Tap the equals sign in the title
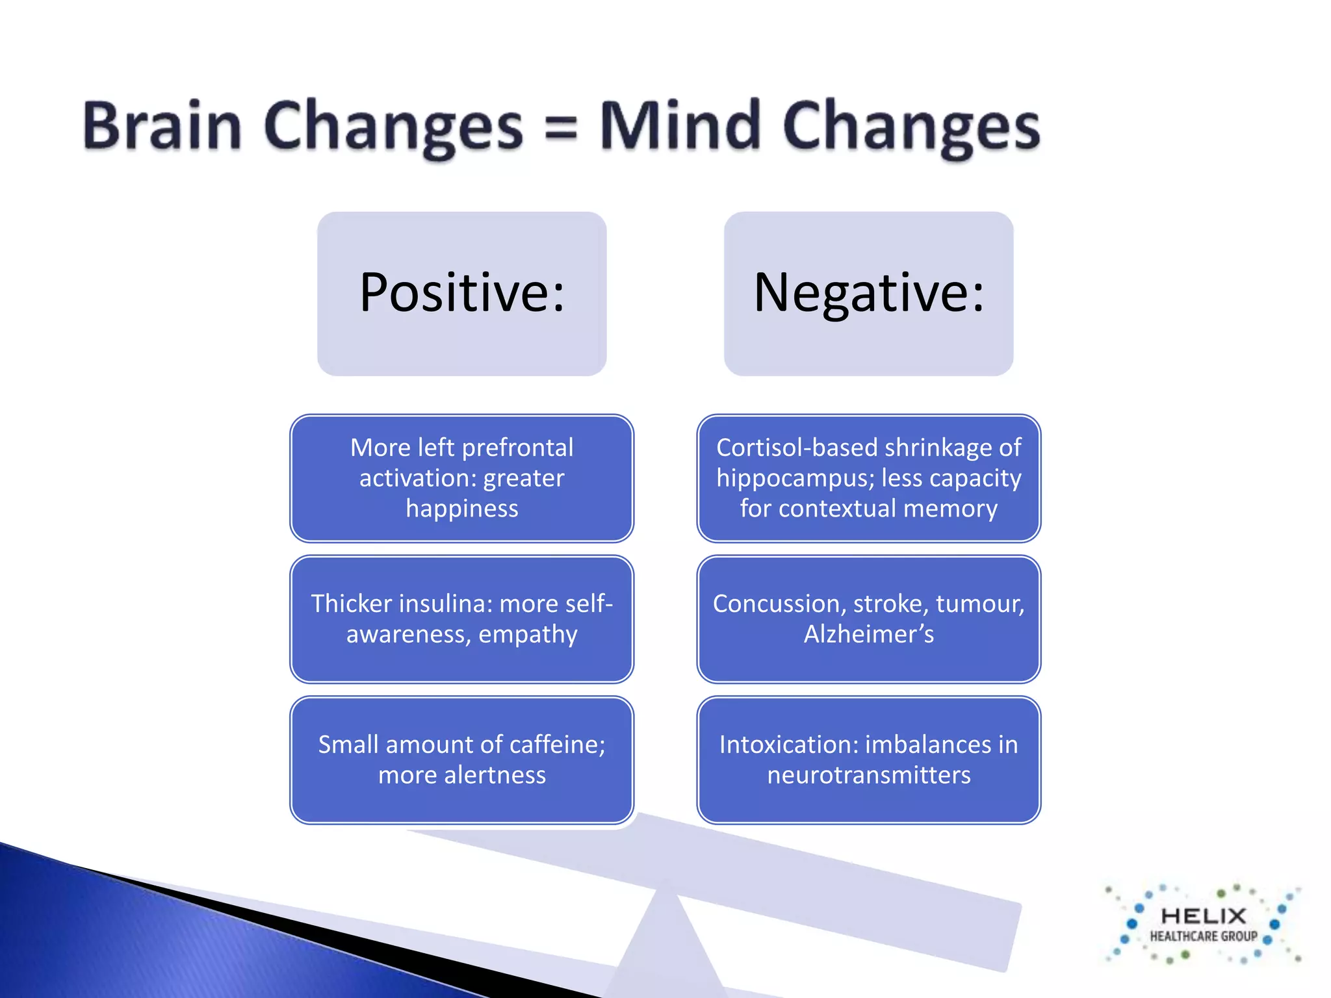click(x=560, y=127)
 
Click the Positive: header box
click(x=461, y=293)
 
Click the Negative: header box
click(x=868, y=293)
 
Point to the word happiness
click(x=461, y=509)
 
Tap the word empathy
click(x=528, y=635)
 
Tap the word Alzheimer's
click(x=868, y=634)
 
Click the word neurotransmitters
click(x=868, y=775)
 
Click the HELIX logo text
click(x=1203, y=916)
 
